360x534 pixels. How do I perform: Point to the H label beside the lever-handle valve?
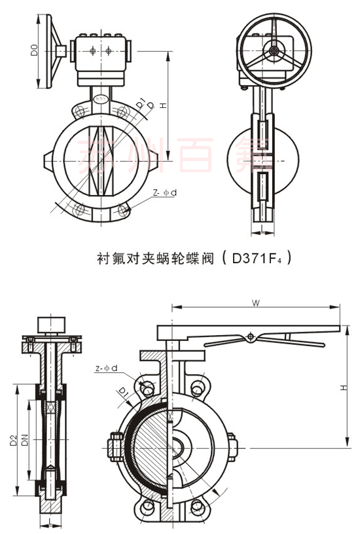click(x=342, y=388)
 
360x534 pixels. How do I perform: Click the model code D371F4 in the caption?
click(x=253, y=258)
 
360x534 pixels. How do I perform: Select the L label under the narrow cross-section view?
click(x=50, y=522)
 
